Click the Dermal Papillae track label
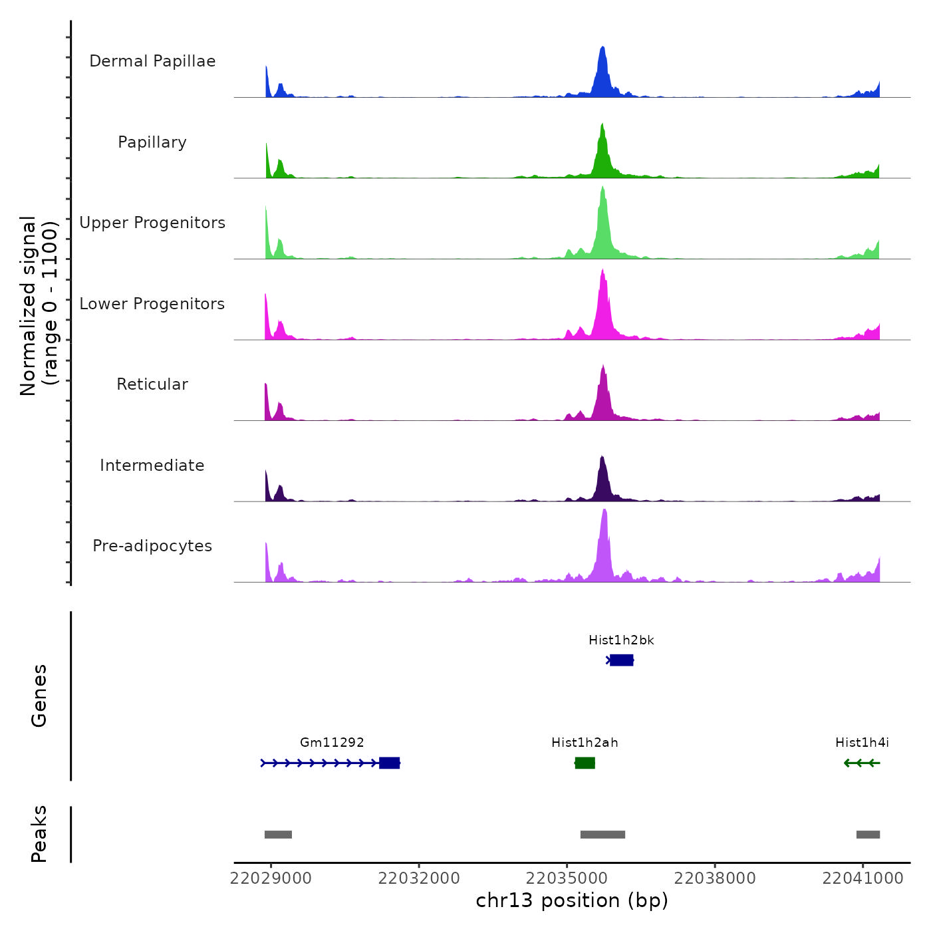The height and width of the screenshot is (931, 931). pyautogui.click(x=152, y=61)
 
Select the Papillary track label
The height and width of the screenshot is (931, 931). pyautogui.click(x=152, y=142)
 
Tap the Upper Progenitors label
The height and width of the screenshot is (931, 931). pyautogui.click(x=152, y=223)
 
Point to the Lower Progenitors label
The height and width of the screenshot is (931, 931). pyautogui.click(x=152, y=304)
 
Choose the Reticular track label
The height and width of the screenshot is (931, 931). pyautogui.click(x=152, y=384)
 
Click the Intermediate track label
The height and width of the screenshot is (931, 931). pyautogui.click(x=152, y=465)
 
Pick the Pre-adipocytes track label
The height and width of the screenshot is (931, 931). pyautogui.click(x=152, y=546)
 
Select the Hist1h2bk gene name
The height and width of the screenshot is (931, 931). pyautogui.click(x=621, y=640)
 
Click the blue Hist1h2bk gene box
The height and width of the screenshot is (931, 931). pyautogui.click(x=621, y=660)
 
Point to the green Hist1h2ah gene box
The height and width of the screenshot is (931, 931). pyautogui.click(x=585, y=763)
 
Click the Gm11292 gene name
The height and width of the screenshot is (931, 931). pyautogui.click(x=332, y=743)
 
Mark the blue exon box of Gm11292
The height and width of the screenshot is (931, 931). pyautogui.click(x=389, y=763)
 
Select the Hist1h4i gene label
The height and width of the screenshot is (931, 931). pyautogui.click(x=862, y=743)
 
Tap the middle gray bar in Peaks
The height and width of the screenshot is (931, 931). pyautogui.click(x=602, y=835)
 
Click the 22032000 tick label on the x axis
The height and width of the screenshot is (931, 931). pyautogui.click(x=419, y=878)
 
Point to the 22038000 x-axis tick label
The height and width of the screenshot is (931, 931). pyautogui.click(x=715, y=878)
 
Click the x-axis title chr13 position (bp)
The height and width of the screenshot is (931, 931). pyautogui.click(x=572, y=900)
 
